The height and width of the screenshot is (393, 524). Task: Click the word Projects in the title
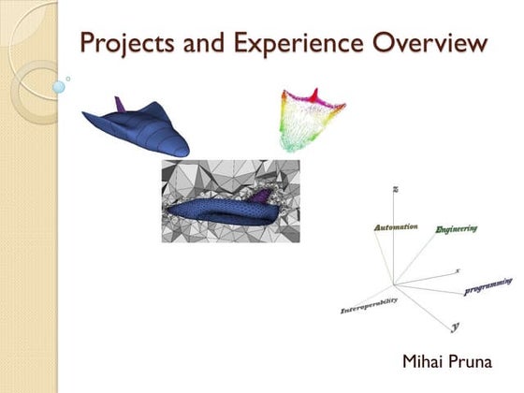coord(124,43)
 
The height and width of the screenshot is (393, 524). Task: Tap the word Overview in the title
coord(434,43)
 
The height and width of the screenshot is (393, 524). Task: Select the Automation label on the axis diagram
coord(395,227)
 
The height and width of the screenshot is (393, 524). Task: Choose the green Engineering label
coord(457,228)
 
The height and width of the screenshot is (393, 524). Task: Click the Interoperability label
coord(368,305)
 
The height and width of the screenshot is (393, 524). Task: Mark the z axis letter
coord(397,190)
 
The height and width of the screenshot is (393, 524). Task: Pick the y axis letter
coord(455,327)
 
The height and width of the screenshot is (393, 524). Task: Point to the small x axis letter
coord(457,270)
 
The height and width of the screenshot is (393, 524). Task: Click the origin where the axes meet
coord(394,284)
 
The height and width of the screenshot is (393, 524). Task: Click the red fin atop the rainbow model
coord(314,95)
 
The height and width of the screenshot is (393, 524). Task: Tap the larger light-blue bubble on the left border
coord(59,87)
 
